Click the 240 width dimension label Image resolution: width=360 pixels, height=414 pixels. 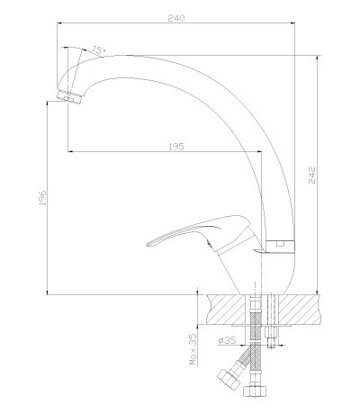(x=176, y=18)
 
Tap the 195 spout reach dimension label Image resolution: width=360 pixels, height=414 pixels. (x=175, y=147)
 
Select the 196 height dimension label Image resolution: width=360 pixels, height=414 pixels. (x=42, y=197)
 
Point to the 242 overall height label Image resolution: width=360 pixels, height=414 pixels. (x=312, y=175)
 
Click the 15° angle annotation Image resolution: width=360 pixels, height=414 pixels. (x=97, y=49)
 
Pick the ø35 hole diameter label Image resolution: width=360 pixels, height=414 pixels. (x=227, y=340)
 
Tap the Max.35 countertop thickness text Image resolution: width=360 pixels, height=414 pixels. (x=193, y=349)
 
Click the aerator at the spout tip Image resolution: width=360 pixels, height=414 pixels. (x=70, y=96)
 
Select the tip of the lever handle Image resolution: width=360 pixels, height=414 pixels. (x=148, y=244)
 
